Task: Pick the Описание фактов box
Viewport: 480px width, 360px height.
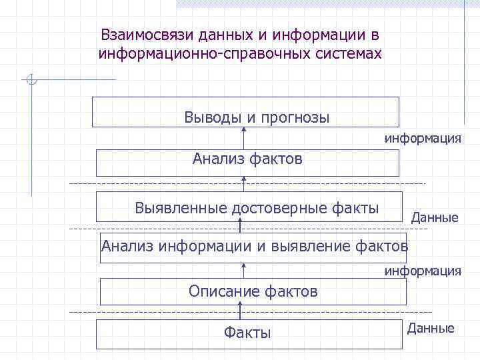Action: pos(253,291)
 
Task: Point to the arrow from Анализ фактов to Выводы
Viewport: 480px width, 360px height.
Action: pos(243,138)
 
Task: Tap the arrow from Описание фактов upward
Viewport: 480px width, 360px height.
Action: pos(243,270)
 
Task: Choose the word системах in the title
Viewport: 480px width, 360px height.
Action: pos(351,53)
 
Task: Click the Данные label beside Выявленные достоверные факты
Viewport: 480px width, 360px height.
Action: pos(435,217)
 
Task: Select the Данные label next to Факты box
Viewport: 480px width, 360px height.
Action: pos(431,328)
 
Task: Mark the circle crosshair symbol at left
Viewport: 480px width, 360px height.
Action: pos(31,80)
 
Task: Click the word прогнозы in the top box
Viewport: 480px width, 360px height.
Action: pos(295,118)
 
